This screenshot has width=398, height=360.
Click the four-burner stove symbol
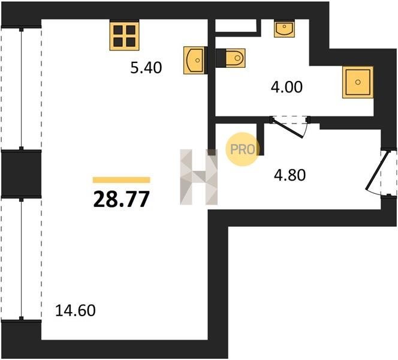tap(125, 36)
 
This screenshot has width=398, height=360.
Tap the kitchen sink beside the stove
tap(194, 60)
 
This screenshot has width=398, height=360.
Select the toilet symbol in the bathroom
tap(231, 58)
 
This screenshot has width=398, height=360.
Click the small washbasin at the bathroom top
tap(284, 29)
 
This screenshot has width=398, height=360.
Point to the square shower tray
tap(358, 82)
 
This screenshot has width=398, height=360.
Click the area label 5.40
tap(146, 68)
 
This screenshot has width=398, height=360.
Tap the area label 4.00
tap(287, 87)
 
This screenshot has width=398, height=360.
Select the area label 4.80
tap(290, 175)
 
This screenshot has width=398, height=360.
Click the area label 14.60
tap(76, 310)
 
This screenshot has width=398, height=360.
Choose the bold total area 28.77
tap(121, 199)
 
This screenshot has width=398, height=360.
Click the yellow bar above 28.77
tap(121, 180)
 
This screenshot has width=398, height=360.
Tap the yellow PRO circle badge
tap(242, 149)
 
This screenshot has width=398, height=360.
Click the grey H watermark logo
tap(199, 177)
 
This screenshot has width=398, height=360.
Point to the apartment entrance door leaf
tap(378, 170)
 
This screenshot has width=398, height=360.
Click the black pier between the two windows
tap(22, 174)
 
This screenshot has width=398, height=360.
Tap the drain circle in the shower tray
tap(358, 82)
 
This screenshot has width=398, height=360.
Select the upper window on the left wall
tap(22, 89)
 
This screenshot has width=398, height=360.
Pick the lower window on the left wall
tap(22, 259)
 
